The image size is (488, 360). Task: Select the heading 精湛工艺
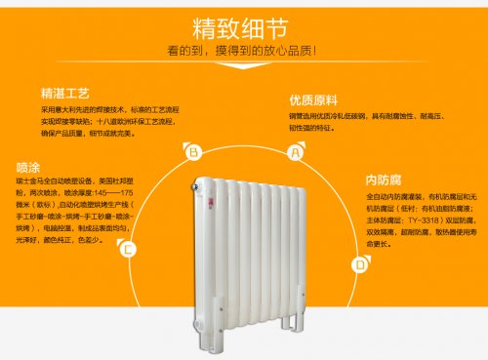point(65,94)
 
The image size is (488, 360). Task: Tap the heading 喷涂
point(29,165)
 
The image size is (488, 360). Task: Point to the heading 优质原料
point(311,100)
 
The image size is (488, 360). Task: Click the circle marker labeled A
point(292,152)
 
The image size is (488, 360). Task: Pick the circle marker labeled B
point(193,152)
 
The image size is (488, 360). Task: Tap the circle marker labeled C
point(127,250)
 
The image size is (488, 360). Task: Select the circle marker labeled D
point(359,263)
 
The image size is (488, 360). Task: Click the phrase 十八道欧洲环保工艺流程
point(136,121)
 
